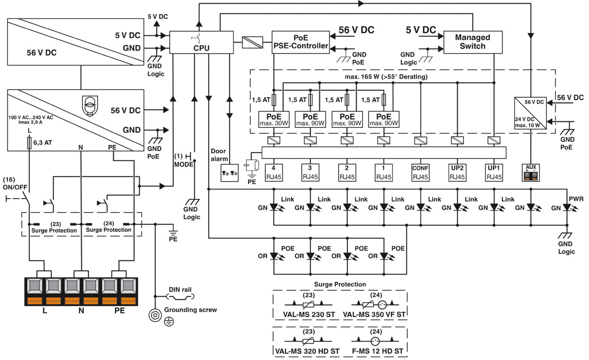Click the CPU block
pyautogui.click(x=201, y=42)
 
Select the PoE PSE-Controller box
pyautogui.click(x=300, y=42)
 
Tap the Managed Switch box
pyautogui.click(x=472, y=42)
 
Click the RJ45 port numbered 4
pyautogui.click(x=273, y=173)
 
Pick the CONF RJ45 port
pyautogui.click(x=420, y=173)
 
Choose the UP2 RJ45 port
pyautogui.click(x=457, y=173)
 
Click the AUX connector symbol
pyautogui.click(x=530, y=173)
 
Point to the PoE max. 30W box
pyautogui.click(x=274, y=119)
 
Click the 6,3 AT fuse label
pyautogui.click(x=42, y=143)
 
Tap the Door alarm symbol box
pyautogui.click(x=230, y=173)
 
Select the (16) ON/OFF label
pyautogui.click(x=15, y=183)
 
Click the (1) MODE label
pyautogui.click(x=183, y=160)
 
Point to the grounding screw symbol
pyautogui.click(x=155, y=315)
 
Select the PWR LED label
pyautogui.click(x=576, y=199)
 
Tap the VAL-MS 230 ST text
pyautogui.click(x=309, y=314)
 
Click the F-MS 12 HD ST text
pyautogui.click(x=377, y=351)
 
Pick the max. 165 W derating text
pyautogui.click(x=386, y=77)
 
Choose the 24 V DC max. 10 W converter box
pyautogui.click(x=530, y=113)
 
